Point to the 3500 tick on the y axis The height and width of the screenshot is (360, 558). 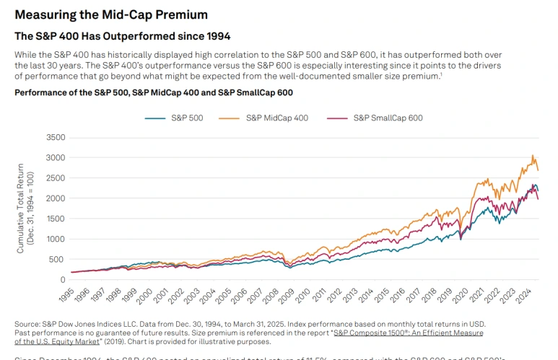tap(56, 137)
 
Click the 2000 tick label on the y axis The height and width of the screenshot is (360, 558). tap(56, 198)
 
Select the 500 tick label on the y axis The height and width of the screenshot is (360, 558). tap(58, 259)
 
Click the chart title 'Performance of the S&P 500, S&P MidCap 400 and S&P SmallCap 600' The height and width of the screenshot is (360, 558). tap(153, 93)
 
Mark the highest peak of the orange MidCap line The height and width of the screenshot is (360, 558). tap(533, 155)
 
